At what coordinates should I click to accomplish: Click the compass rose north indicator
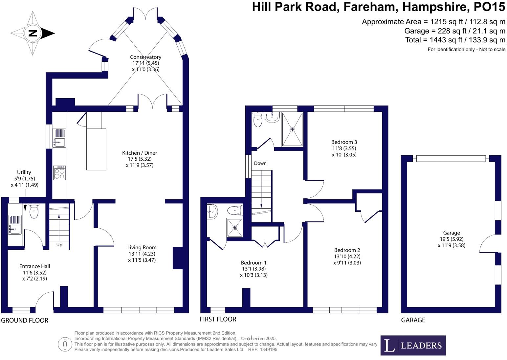point(33,33)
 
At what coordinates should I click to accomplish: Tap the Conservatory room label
point(145,57)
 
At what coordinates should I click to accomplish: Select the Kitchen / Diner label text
point(140,153)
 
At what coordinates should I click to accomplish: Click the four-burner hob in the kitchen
point(59,173)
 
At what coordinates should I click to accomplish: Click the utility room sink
point(14,225)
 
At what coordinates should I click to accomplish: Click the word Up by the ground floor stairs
point(59,245)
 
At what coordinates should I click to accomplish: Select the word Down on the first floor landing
point(260,163)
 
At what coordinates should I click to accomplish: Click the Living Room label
point(142,247)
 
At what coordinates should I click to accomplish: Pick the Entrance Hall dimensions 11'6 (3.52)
point(34,273)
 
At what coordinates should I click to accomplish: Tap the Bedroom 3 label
point(344,142)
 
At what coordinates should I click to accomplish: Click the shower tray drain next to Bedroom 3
point(292,129)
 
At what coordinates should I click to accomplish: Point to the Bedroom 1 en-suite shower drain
point(234,227)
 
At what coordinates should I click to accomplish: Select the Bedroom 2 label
point(347,250)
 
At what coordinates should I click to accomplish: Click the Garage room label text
point(451,233)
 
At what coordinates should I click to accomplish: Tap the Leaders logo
point(413,345)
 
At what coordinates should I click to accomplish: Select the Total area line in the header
point(455,40)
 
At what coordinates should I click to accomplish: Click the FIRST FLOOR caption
point(218,319)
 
